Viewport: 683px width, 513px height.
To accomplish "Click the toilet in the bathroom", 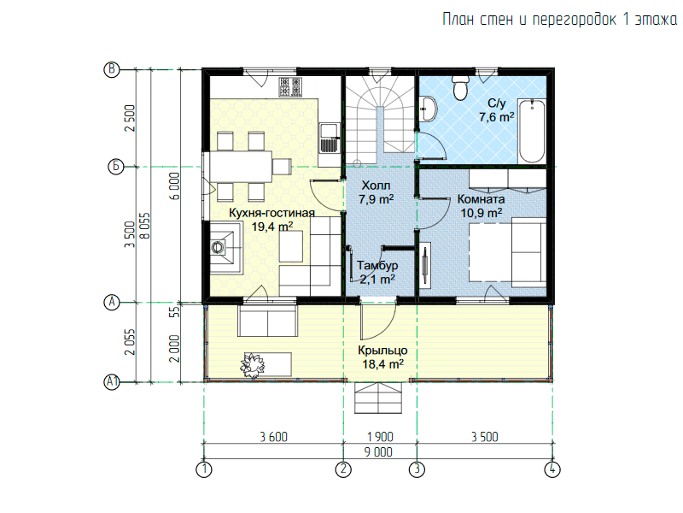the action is point(460,88).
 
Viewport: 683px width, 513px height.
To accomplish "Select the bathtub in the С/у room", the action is point(532,131).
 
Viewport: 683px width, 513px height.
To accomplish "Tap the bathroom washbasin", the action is point(429,109).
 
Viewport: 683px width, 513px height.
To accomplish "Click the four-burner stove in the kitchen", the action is point(290,86).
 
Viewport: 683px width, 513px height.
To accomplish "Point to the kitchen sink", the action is point(330,138).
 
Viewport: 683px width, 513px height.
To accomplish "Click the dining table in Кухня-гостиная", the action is point(241,167).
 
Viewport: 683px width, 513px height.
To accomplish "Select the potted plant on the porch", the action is point(253,365).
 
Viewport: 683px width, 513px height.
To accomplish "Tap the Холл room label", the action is point(376,186).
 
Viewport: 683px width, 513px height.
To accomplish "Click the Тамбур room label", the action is point(377,265).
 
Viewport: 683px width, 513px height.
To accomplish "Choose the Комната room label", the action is point(481,199).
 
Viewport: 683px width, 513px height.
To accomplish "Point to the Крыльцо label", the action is point(382,351).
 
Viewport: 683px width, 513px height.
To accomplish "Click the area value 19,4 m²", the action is point(272,227).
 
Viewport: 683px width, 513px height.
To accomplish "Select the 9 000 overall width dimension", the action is point(378,452).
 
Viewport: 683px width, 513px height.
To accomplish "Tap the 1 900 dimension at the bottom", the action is point(380,437).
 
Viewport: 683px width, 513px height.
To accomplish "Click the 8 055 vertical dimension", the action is point(144,226).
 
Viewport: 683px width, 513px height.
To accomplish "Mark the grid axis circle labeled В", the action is point(112,69).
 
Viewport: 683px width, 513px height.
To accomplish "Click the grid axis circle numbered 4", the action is point(552,469).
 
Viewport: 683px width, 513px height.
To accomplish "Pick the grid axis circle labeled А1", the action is point(112,382).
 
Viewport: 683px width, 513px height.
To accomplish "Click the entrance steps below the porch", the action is point(378,398).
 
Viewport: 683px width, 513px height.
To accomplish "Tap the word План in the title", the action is point(458,20).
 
